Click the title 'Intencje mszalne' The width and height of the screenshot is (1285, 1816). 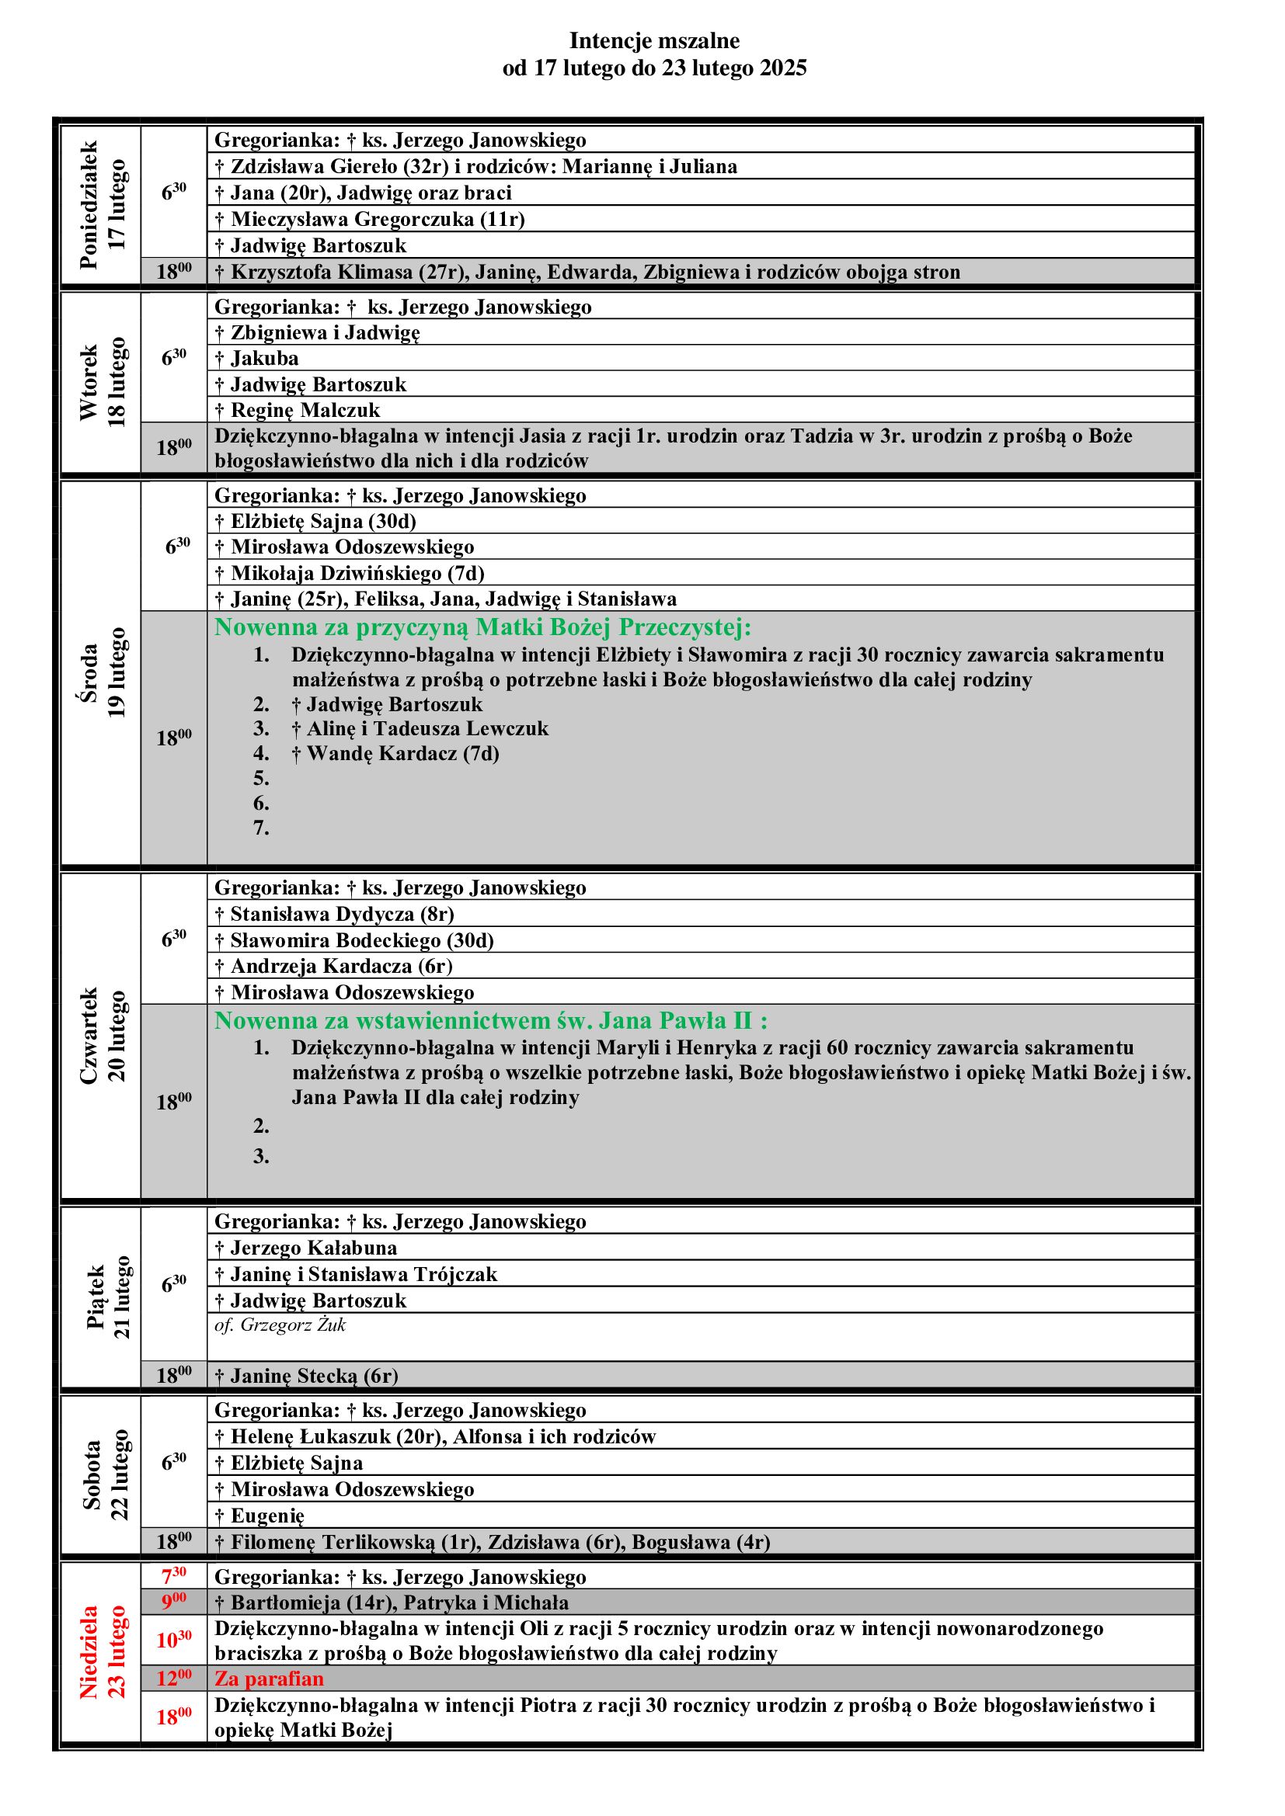pyautogui.click(x=654, y=40)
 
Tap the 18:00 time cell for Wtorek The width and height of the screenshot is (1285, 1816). pyautogui.click(x=174, y=448)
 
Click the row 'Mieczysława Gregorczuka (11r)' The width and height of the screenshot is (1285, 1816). pyautogui.click(x=370, y=219)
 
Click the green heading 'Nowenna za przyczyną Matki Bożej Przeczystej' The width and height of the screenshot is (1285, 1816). pyautogui.click(x=482, y=627)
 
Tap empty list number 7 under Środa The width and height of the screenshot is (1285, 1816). pyautogui.click(x=261, y=828)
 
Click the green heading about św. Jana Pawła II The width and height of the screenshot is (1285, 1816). pyautogui.click(x=490, y=1020)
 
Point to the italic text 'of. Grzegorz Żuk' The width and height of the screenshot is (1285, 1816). pyautogui.click(x=280, y=1325)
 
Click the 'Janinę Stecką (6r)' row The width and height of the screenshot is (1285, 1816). pyautogui.click(x=306, y=1376)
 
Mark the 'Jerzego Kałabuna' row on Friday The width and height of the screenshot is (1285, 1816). pyautogui.click(x=305, y=1248)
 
